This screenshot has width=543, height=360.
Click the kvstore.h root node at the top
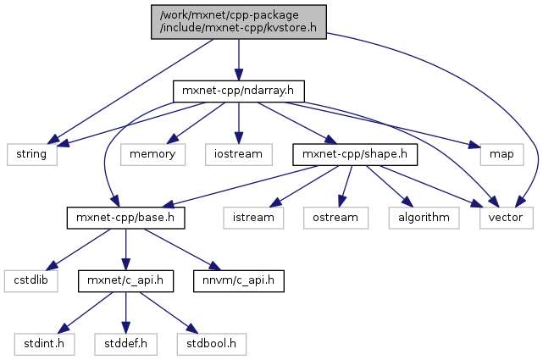pos(238,20)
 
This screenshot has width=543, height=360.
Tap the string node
pos(32,154)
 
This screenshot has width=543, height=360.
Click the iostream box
pos(238,154)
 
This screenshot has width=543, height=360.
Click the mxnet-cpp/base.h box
pos(125,217)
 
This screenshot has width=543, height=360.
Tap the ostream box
pos(336,217)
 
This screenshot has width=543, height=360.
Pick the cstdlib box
pos(31,280)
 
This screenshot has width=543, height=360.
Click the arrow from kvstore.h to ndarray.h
pos(238,58)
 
